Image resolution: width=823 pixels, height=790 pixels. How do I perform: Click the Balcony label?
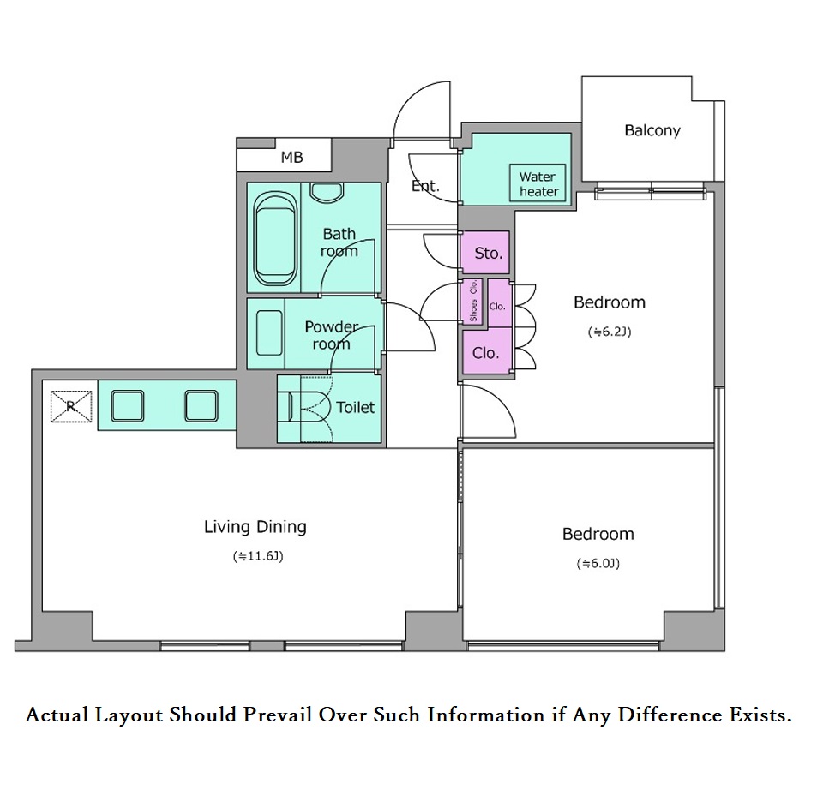[x=652, y=130]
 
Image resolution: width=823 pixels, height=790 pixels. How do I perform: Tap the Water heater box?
[x=538, y=183]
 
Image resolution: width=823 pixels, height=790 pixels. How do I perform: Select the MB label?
[x=291, y=157]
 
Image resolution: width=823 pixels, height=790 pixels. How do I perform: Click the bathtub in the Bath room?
[x=274, y=238]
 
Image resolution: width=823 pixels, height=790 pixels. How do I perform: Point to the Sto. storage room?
[x=485, y=252]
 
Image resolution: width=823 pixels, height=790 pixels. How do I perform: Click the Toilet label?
[x=355, y=407]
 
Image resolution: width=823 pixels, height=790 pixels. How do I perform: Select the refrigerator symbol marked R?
[x=71, y=406]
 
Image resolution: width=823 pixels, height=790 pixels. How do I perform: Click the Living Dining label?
[x=255, y=527]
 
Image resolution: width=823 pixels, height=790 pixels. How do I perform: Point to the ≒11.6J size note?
[x=258, y=556]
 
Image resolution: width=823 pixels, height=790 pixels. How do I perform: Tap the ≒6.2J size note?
[x=610, y=332]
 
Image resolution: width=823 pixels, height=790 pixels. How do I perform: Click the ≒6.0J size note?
[x=598, y=564]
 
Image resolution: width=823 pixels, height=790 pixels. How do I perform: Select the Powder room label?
[x=332, y=335]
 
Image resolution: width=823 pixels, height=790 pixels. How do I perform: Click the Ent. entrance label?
[x=425, y=186]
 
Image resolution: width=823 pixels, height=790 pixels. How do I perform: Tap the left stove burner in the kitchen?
[x=127, y=406]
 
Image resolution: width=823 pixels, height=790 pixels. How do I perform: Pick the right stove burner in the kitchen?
[x=201, y=406]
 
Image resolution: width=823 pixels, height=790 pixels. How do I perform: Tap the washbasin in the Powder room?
[x=269, y=332]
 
